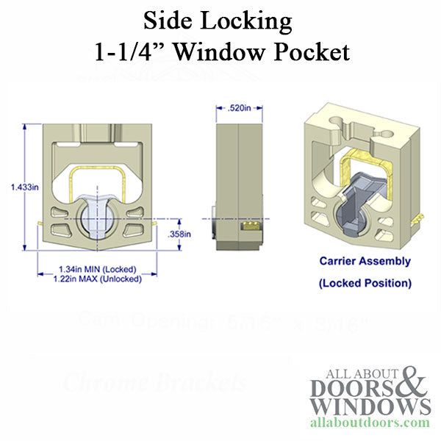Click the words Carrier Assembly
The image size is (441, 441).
click(365, 260)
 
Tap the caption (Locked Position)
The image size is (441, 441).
click(365, 282)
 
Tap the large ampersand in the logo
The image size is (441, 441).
click(411, 384)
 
